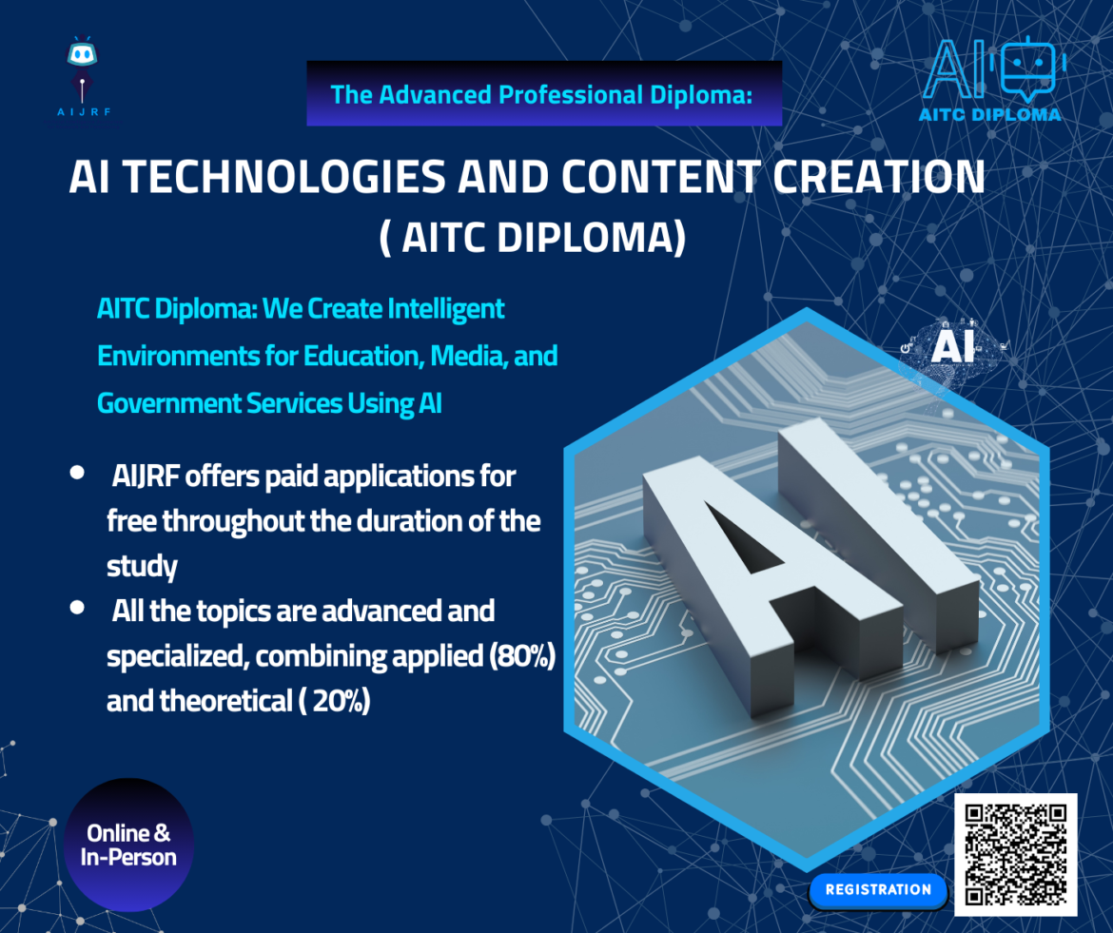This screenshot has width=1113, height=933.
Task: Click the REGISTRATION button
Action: [x=877, y=890]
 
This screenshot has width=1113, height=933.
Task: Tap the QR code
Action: [x=1015, y=853]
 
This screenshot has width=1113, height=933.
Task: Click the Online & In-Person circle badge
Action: [x=130, y=845]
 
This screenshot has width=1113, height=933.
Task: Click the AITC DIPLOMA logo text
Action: [x=990, y=114]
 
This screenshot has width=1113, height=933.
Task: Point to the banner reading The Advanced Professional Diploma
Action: [x=543, y=94]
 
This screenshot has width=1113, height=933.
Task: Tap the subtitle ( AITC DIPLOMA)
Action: [x=532, y=239]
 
